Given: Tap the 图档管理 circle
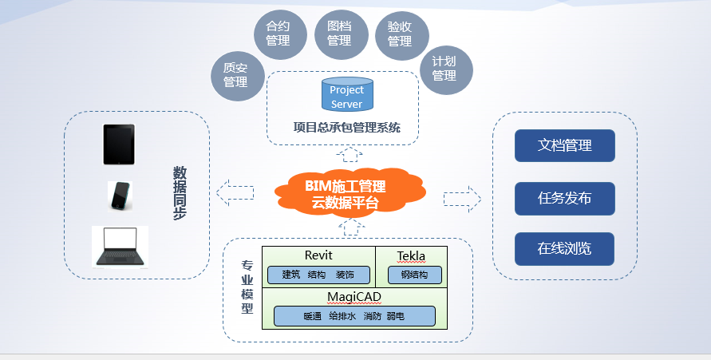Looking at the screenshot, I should (x=339, y=34).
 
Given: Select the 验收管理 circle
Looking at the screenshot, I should (x=401, y=34).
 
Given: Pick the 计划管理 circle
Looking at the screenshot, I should (x=445, y=69).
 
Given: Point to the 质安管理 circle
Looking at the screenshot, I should (x=235, y=75).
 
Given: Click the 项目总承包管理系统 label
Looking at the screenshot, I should (x=346, y=128).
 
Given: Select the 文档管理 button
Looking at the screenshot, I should (x=564, y=146).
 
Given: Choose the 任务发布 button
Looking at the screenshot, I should (x=564, y=198).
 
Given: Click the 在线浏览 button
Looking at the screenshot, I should (x=564, y=249).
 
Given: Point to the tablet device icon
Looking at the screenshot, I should (x=119, y=144).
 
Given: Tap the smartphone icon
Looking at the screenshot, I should (x=120, y=196).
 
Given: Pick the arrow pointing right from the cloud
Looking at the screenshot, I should (x=462, y=197).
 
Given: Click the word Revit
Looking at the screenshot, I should (x=318, y=255).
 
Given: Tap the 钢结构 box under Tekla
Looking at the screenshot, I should (x=414, y=275).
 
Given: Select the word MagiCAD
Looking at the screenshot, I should (x=354, y=297).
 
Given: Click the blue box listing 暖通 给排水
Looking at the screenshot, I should (x=354, y=316).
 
